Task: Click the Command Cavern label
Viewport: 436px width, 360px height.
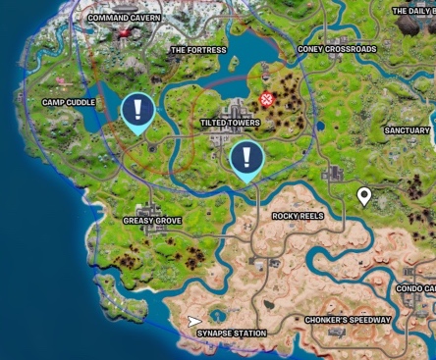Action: click(124, 17)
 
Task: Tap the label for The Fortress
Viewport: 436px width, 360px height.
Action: click(198, 49)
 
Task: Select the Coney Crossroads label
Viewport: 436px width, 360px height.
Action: click(337, 49)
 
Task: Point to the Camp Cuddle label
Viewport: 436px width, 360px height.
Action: click(67, 101)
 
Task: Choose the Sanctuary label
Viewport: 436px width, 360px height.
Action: click(407, 130)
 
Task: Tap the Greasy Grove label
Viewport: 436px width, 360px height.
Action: click(152, 221)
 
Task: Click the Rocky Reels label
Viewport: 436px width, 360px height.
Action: click(298, 215)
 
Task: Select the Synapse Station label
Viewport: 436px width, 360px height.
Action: click(231, 334)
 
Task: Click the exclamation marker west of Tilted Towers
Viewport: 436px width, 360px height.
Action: click(137, 111)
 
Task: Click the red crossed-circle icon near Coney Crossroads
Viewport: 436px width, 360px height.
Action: click(267, 99)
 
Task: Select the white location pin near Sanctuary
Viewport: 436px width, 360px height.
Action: click(364, 197)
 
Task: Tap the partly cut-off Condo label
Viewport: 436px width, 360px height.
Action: click(415, 288)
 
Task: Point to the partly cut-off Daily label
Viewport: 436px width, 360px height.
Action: click(412, 11)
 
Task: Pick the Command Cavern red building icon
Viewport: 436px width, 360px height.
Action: click(125, 35)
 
